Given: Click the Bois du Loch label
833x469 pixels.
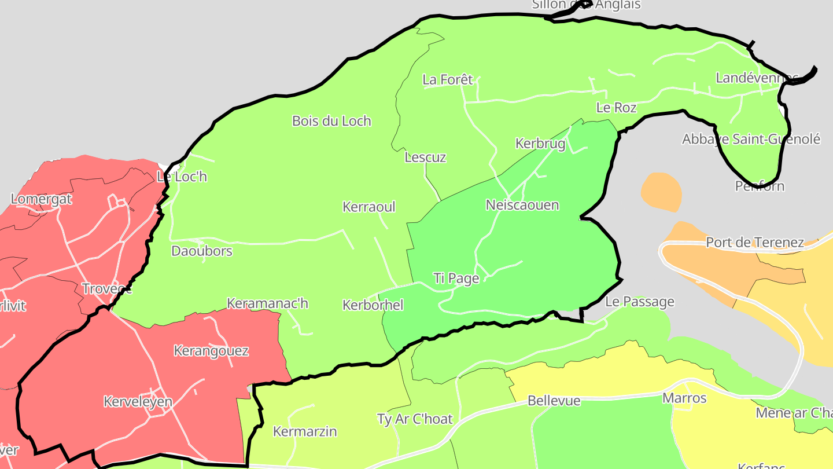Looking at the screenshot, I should (331, 121).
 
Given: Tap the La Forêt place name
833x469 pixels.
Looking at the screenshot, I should (448, 80).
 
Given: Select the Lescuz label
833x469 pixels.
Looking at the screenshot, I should (425, 157).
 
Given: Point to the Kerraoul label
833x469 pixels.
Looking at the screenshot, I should (369, 207).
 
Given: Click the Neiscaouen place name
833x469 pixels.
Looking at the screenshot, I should (522, 205).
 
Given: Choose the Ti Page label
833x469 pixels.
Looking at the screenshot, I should (456, 279).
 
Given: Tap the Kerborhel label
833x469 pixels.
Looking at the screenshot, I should (373, 305).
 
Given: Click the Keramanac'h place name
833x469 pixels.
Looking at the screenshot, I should (267, 303).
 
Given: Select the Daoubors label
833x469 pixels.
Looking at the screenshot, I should (202, 251).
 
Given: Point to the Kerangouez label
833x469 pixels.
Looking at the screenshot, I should (211, 351).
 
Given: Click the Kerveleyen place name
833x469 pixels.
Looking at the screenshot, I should (138, 402).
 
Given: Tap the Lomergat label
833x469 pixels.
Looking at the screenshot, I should (42, 199).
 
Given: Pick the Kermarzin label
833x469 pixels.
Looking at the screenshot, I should (305, 431).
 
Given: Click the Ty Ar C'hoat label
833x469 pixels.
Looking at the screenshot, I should (414, 419).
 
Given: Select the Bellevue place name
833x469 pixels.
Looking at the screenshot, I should (554, 401).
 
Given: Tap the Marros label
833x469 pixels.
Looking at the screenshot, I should (684, 398).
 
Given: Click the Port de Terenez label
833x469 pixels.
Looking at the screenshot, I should (755, 243).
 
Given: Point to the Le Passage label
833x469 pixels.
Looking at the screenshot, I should (640, 302).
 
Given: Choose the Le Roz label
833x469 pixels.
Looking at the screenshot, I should (616, 108).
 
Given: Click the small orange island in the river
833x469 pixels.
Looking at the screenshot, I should (661, 192).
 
